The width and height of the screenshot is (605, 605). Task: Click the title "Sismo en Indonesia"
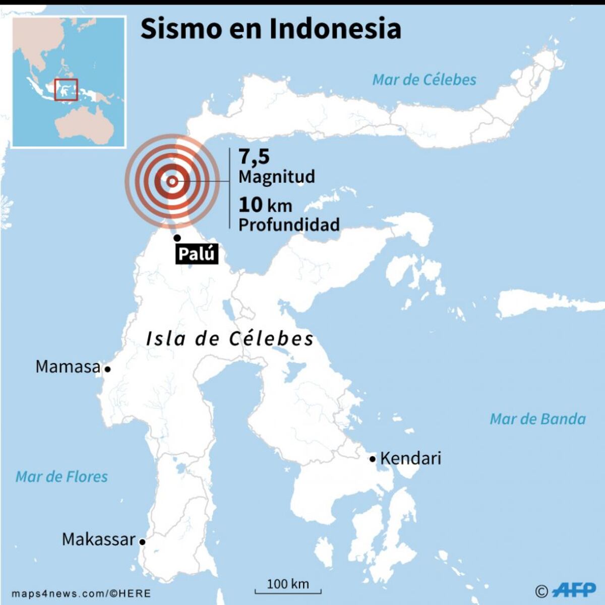click(271, 29)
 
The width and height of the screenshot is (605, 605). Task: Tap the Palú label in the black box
click(197, 254)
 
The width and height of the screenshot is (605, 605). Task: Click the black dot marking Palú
click(177, 238)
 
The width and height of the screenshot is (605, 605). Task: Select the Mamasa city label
click(68, 367)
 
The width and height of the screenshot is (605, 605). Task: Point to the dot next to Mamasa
click(107, 369)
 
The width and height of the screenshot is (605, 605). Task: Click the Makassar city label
click(99, 539)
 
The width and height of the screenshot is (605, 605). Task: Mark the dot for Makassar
click(143, 542)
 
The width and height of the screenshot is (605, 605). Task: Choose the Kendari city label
click(410, 458)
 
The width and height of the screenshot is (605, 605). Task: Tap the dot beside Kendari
click(373, 459)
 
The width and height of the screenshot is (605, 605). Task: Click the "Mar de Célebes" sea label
click(424, 80)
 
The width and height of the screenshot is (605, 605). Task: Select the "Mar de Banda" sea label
click(537, 418)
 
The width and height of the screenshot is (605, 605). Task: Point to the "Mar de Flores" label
click(62, 476)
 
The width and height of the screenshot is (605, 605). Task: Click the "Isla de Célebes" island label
click(230, 338)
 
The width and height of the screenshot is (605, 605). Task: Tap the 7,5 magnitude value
click(254, 157)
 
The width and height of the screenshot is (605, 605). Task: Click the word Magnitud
click(277, 176)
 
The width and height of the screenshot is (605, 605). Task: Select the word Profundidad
click(289, 224)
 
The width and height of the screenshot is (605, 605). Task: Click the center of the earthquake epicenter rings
click(172, 181)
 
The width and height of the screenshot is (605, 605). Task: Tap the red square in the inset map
click(66, 90)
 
